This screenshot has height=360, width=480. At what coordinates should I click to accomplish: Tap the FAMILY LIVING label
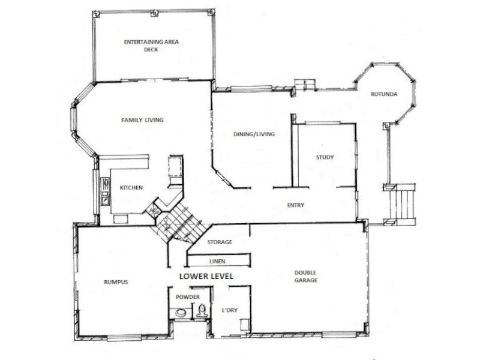[x=143, y=120]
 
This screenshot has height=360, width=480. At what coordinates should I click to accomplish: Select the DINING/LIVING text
[x=254, y=134]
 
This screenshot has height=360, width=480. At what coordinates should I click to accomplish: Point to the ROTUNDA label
[x=382, y=94]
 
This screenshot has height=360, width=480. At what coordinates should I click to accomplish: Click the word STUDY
[x=325, y=158]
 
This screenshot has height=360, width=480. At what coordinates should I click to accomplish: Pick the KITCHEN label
[x=131, y=188]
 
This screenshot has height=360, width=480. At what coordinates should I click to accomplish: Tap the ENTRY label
[x=295, y=205]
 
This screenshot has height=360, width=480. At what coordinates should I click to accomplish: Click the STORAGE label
[x=220, y=242]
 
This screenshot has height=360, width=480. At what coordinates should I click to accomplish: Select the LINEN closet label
[x=217, y=262]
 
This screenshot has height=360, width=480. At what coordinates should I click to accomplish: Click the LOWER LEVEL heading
[x=206, y=276]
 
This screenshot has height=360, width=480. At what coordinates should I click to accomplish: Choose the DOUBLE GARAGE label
[x=305, y=277]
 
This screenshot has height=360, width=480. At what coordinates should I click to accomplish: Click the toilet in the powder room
[x=202, y=310]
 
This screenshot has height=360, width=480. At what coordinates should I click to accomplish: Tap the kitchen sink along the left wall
[x=105, y=193]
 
